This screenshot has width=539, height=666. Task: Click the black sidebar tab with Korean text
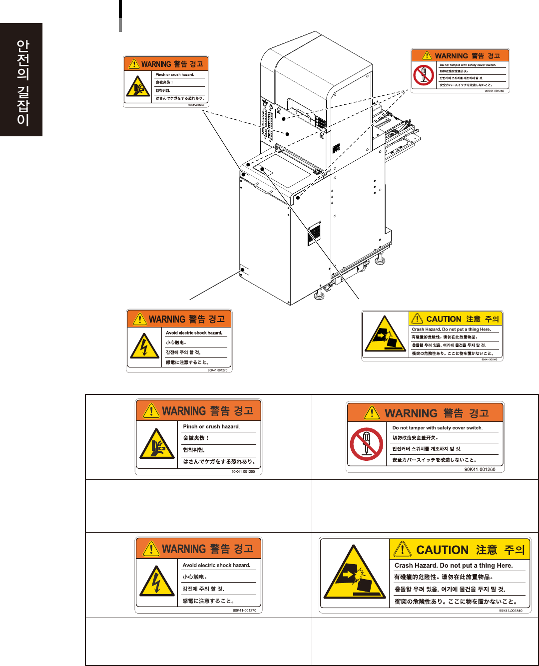coord(21,80)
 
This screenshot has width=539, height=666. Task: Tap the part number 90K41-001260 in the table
coord(480,469)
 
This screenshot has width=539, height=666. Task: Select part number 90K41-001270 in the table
coord(244,610)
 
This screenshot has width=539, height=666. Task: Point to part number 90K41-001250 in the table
coord(243,471)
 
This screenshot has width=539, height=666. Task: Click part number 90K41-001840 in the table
coord(511,611)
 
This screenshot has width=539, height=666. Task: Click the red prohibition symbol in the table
coord(367,444)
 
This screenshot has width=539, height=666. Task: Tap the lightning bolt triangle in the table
coord(157,582)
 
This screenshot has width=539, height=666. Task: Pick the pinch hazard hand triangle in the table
coord(157,444)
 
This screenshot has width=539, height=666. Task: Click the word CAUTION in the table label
coord(442,550)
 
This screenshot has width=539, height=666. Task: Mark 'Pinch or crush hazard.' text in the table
coord(211,427)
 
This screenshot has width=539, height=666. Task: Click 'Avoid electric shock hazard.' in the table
coord(216,565)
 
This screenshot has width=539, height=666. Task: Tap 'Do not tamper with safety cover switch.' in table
coord(437,428)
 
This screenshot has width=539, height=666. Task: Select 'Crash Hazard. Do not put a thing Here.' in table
coord(453,566)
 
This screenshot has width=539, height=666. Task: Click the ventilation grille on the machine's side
coord(314,234)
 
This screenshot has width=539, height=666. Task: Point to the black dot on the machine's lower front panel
coord(243,270)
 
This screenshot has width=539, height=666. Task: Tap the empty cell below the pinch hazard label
coord(198,506)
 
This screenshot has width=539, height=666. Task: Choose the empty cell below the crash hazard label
coord(425,641)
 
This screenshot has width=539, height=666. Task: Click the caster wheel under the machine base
coord(328,288)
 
